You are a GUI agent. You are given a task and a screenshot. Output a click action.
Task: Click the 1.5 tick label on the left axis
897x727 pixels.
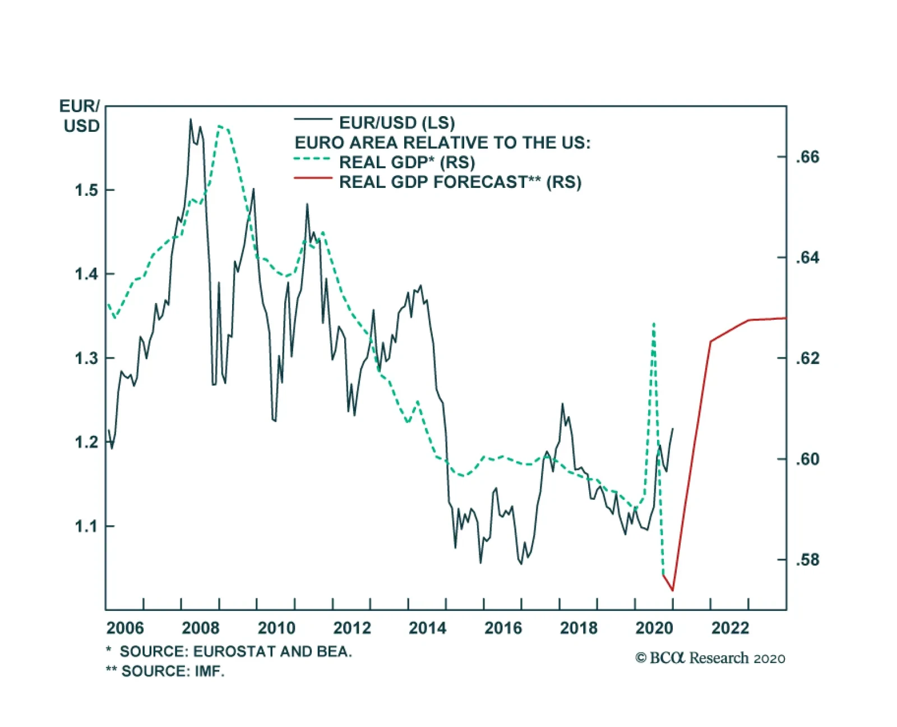pos(86,190)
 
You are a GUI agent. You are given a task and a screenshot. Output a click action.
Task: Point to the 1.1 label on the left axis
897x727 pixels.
pos(86,526)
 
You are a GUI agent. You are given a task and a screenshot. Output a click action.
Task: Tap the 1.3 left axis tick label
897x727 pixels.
pos(86,358)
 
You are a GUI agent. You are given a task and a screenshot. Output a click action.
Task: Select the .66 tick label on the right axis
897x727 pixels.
pos(807,157)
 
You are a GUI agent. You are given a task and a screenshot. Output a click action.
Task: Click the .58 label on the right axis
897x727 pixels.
pos(807,560)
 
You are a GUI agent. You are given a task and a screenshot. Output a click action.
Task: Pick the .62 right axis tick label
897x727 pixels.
pos(807,358)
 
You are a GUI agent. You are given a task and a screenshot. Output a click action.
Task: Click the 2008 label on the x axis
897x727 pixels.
pos(201,628)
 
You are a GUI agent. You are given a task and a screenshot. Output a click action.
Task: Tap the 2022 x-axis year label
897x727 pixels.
pos(730,628)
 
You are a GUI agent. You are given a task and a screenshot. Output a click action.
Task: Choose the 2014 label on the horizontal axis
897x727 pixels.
pos(427,628)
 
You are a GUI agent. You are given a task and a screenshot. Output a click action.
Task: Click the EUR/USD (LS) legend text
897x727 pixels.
pos(397,123)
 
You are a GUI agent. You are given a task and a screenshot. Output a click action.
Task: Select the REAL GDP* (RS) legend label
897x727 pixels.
pos(407,163)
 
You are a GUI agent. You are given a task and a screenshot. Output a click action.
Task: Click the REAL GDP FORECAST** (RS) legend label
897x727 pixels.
pos(460,182)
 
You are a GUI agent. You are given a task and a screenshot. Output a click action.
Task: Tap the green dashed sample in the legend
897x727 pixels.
pos(313,159)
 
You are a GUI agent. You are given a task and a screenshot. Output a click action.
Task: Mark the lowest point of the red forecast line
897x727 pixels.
pos(672,590)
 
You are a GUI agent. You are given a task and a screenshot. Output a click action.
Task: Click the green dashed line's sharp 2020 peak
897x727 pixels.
pos(654,324)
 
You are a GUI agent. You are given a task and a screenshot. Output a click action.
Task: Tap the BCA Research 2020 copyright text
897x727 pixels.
pos(710,658)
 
